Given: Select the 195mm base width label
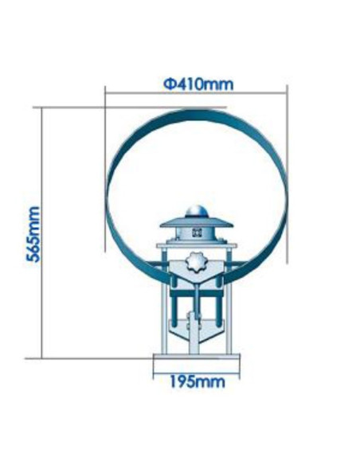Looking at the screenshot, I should [196, 381].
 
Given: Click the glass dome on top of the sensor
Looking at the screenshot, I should [195, 212].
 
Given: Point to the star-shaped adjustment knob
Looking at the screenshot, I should [195, 263].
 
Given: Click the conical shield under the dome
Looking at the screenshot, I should [195, 222].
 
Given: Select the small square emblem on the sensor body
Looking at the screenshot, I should [195, 233].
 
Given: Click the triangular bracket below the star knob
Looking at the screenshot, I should [195, 283].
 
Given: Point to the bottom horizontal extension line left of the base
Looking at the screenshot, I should [96, 358].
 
